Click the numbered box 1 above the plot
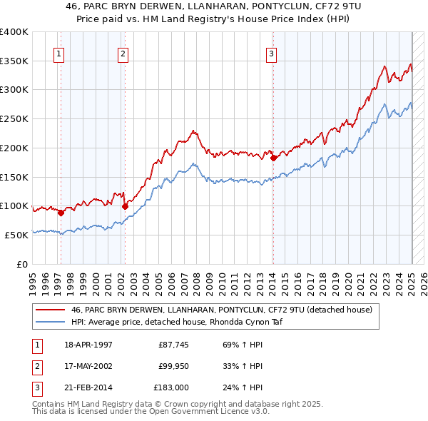pyautogui.click(x=58, y=53)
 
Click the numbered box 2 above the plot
pyautogui.click(x=123, y=53)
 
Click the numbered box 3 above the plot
pyautogui.click(x=272, y=53)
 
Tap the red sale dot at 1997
pyautogui.click(x=61, y=212)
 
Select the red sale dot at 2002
pyautogui.click(x=125, y=206)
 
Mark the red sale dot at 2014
pyautogui.click(x=273, y=158)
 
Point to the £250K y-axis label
pyautogui.click(x=14, y=119)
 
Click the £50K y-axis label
pyautogui.click(x=17, y=235)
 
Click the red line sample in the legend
pyautogui.click(x=50, y=310)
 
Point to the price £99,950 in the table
pyautogui.click(x=173, y=367)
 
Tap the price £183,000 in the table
pyautogui.click(x=172, y=387)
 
